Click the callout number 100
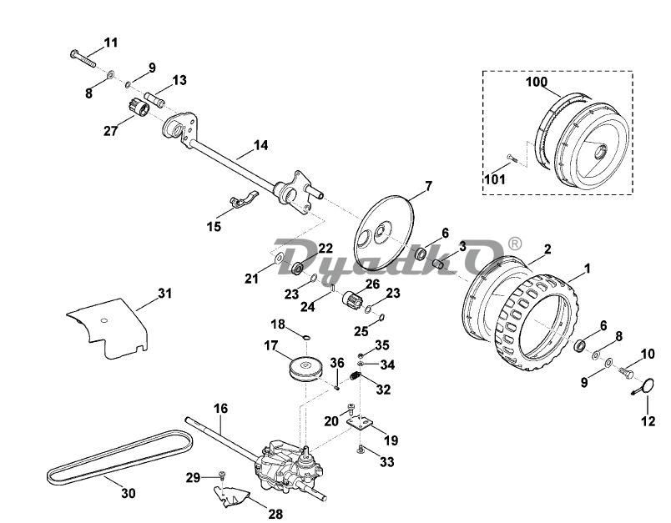[x=536, y=83]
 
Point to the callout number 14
[x=260, y=145]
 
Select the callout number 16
[x=220, y=408]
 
